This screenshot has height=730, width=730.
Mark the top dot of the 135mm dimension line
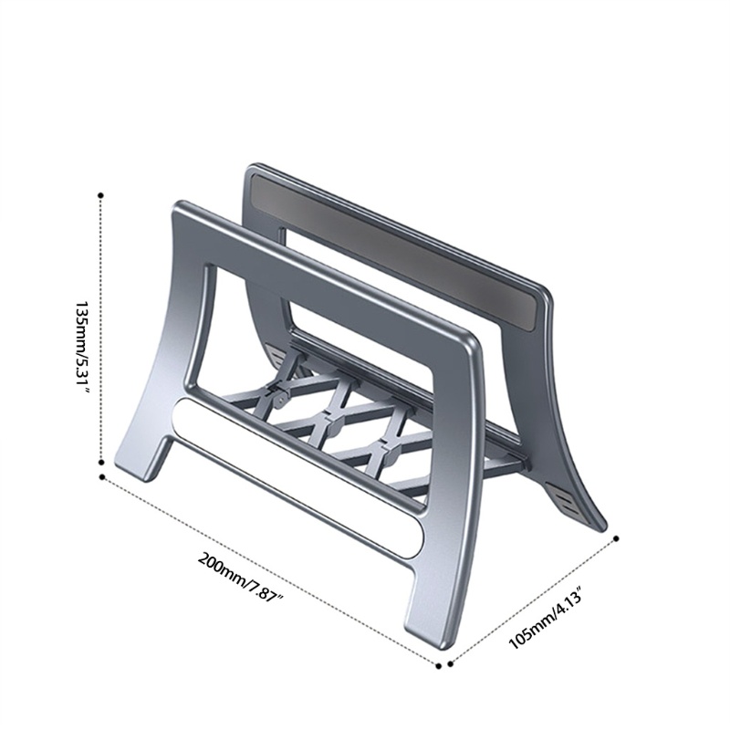pos(101,195)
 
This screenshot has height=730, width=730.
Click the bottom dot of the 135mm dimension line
pos(101,463)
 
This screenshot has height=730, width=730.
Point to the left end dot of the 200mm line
pos(102,476)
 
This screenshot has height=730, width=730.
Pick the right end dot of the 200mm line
pos(438,666)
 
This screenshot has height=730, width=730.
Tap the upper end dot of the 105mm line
pos(617,538)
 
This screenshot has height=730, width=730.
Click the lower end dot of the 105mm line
pos(450,664)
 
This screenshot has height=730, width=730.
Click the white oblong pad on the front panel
pos(298,477)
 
